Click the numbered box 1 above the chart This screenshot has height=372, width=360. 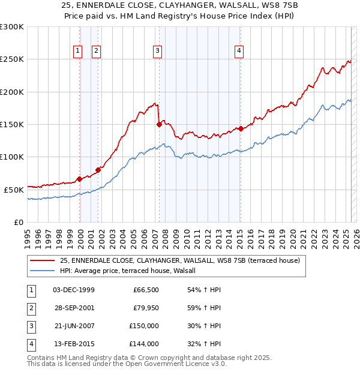(x=78, y=52)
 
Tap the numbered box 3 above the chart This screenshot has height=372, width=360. (x=157, y=52)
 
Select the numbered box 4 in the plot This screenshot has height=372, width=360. (x=239, y=52)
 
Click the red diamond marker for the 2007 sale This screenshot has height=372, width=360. (x=159, y=125)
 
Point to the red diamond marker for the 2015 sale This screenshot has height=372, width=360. (x=241, y=128)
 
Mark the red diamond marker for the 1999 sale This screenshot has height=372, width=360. (x=80, y=179)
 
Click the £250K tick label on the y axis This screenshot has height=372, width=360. (x=12, y=59)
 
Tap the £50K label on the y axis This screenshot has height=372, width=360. (x=14, y=190)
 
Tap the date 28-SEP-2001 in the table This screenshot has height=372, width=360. (x=74, y=308)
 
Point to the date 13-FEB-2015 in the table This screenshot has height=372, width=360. (x=74, y=344)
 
